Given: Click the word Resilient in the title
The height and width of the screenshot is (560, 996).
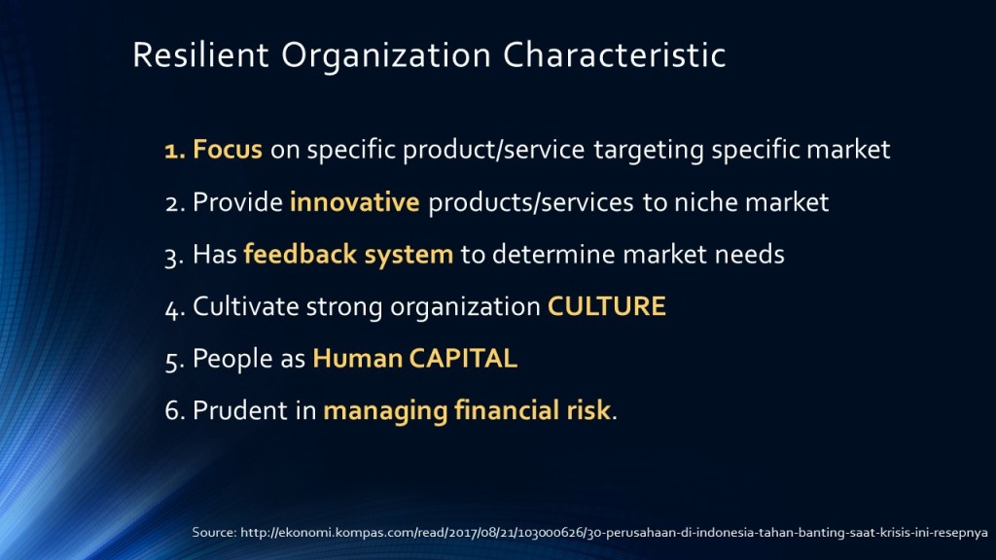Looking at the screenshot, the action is coord(200,54).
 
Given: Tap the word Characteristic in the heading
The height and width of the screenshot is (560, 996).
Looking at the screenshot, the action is coord(615,54).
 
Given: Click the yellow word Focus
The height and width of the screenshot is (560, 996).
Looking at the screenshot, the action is coord(228,149).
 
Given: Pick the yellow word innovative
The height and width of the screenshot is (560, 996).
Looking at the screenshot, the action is coord(354,202).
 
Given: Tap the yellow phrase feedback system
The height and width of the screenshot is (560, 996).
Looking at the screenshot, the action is coord(349,254).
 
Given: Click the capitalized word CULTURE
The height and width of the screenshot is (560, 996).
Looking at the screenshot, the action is coord(607,306).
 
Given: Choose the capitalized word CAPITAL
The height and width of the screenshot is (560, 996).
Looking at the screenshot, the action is coord(463,358).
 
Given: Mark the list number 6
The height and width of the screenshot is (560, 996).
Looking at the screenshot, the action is coord(174,411).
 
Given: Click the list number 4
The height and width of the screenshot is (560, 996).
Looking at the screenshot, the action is coord(174,308).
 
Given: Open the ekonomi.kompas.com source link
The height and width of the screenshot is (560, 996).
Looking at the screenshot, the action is coord(614,532).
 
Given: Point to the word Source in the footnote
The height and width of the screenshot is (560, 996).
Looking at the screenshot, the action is coord(214,532).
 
